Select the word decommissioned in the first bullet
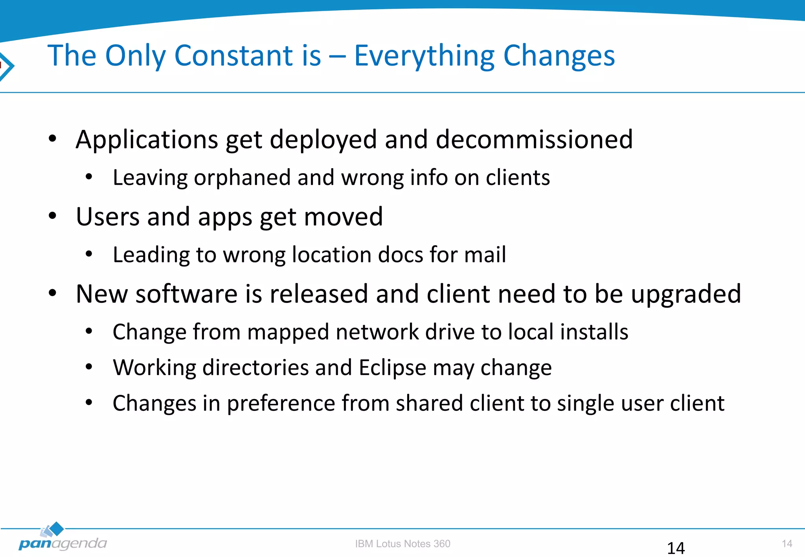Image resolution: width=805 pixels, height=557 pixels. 534,139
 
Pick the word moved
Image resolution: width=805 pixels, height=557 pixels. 343,217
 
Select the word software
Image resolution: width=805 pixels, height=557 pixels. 186,294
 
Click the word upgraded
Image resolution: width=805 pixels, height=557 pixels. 686,295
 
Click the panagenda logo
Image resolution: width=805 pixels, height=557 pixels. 62,538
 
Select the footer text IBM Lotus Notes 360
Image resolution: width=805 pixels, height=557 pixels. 402,544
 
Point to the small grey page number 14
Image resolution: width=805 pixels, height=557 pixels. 787,544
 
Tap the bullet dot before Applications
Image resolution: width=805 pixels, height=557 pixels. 52,138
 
